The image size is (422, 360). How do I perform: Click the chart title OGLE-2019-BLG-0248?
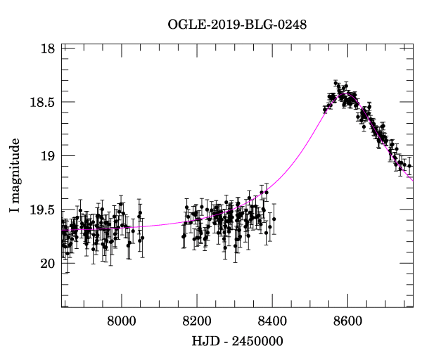[237, 25]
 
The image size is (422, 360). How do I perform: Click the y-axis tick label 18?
[48, 49]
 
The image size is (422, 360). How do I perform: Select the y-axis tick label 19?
[48, 155]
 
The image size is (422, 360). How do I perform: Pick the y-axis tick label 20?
[48, 264]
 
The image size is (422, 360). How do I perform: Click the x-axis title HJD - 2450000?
[237, 342]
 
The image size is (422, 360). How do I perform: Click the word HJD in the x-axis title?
[205, 342]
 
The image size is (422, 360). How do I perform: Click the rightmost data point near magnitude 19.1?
[409, 166]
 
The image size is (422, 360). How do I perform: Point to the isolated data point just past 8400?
[274, 219]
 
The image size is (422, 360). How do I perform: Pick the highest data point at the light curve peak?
[336, 83]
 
